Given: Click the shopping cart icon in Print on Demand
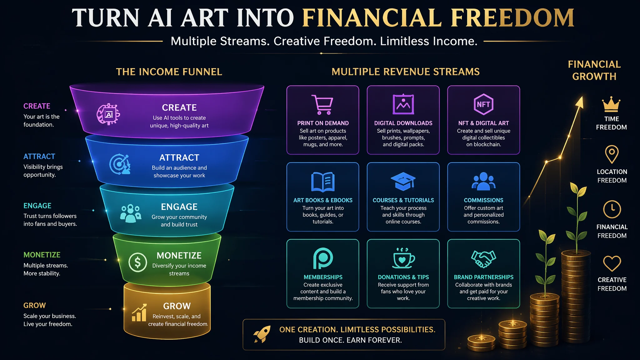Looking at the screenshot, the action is tap(322, 105).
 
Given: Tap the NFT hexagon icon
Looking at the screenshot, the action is tap(483, 104).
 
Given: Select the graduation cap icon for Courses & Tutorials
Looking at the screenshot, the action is tap(403, 181).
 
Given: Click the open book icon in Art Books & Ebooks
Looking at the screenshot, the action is tap(323, 182).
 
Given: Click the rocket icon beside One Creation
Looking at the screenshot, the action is tap(262, 334).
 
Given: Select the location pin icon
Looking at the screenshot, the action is tap(612, 154).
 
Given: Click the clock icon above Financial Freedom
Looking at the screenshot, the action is tap(612, 209).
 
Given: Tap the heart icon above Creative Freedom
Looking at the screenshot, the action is tap(612, 263).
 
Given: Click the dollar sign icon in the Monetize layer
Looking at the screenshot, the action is tap(137, 262).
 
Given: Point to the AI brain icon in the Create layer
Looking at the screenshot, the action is tap(108, 114).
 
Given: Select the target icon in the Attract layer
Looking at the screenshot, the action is tap(120, 164).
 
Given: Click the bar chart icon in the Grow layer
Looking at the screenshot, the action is tap(139, 312).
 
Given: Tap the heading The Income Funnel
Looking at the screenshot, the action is tap(169, 72).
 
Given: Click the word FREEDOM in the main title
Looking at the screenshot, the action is tap(512, 18).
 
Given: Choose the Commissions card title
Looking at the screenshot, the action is tap(483, 200).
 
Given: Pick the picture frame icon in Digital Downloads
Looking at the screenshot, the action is tap(403, 104).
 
